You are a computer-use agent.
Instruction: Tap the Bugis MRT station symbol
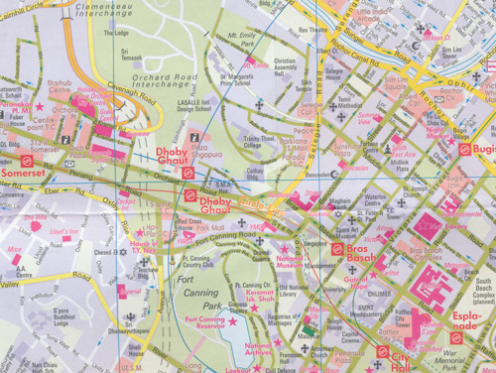[463, 149]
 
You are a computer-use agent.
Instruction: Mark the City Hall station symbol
[382, 351]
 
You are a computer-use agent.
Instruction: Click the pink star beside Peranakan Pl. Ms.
[41, 106]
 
